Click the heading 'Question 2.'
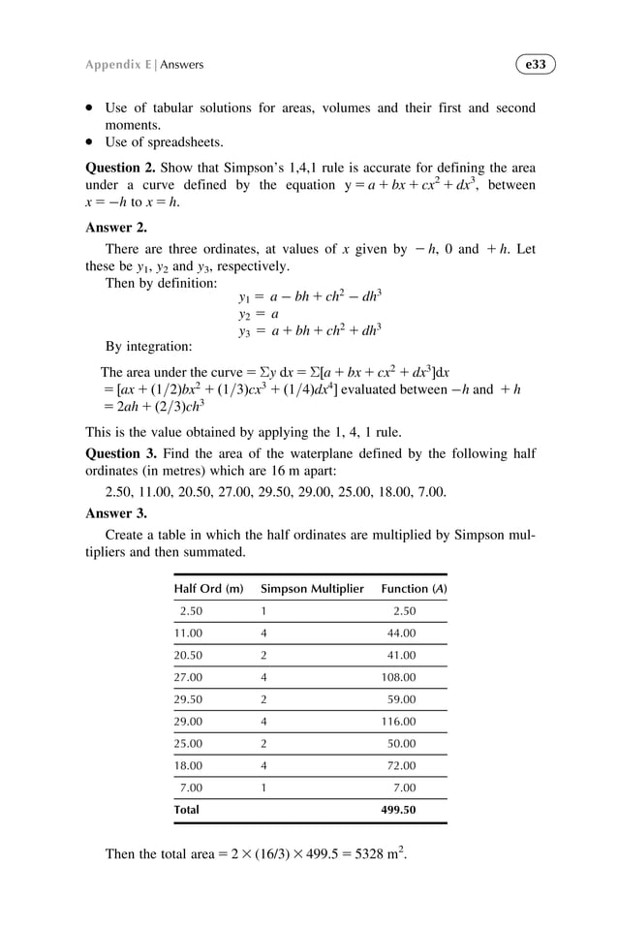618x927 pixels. click(122, 167)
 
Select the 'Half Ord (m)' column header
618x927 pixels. click(208, 588)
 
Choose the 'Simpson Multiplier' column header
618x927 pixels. click(312, 588)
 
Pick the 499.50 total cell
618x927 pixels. click(398, 809)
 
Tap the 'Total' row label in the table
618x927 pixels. click(186, 809)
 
